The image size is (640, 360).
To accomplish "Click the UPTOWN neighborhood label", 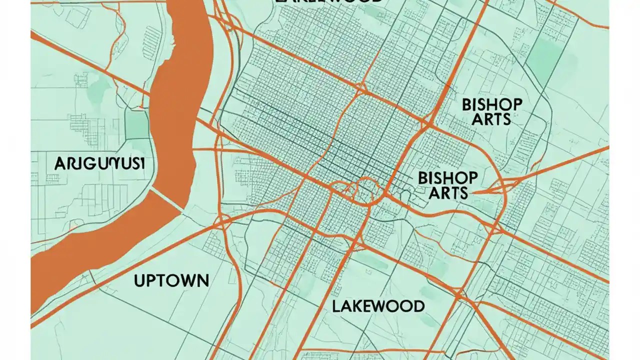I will coord(171,280).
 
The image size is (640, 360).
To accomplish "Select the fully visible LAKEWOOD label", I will coord(378,306).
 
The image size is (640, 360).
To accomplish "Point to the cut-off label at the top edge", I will coord(328,1).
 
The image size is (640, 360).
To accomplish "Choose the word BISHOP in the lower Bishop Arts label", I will coord(447,177).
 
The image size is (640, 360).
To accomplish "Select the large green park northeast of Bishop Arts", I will coord(545,55).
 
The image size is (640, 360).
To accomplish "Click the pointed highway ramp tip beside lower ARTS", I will coord(474,191).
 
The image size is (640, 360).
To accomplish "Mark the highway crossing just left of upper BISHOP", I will coord(428,121).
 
